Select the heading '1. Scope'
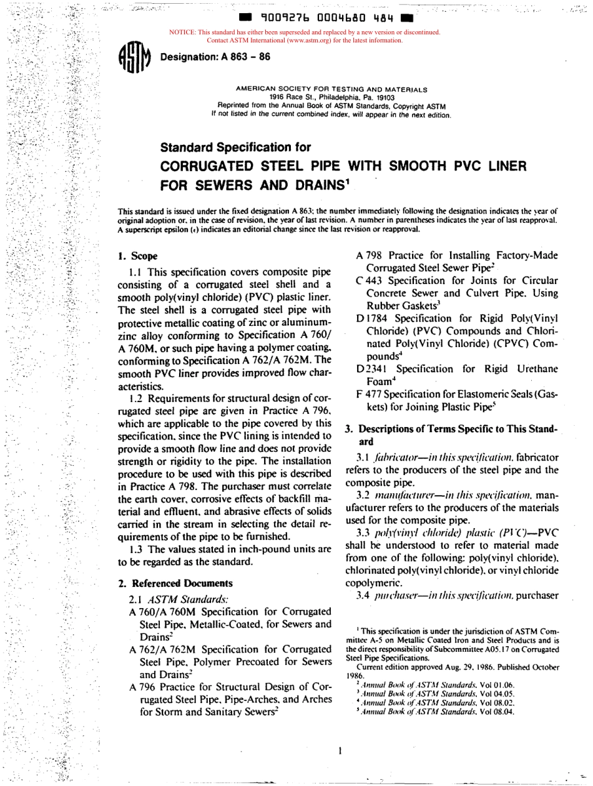(x=138, y=256)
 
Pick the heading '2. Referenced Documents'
(x=175, y=583)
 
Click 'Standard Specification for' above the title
(x=235, y=147)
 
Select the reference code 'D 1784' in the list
(x=373, y=318)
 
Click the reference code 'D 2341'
(x=373, y=368)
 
